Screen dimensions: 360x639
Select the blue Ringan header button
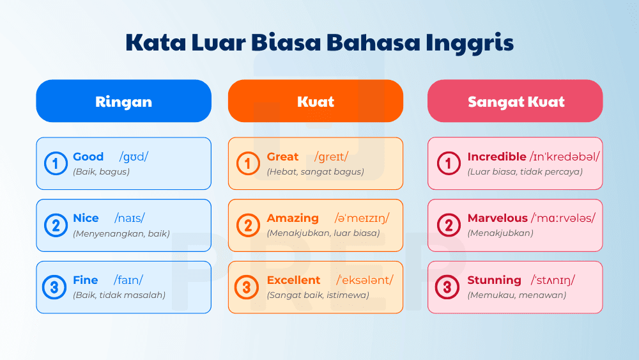123,101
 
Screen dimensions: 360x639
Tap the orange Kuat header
316,101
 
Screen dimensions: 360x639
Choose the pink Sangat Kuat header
515,101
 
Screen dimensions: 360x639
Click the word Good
88,157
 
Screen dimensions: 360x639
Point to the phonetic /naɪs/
130,218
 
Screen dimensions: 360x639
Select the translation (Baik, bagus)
101,171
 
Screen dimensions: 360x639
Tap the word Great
282,157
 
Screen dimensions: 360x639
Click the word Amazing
293,218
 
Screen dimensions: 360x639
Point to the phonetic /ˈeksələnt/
365,280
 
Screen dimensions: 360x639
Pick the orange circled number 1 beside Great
247,164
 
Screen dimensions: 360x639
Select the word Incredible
497,157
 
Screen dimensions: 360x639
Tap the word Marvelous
497,218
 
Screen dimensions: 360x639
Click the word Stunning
494,280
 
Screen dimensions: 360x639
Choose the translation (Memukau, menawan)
516,295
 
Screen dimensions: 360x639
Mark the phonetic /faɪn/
128,280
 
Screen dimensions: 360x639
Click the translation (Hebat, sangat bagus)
315,171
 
